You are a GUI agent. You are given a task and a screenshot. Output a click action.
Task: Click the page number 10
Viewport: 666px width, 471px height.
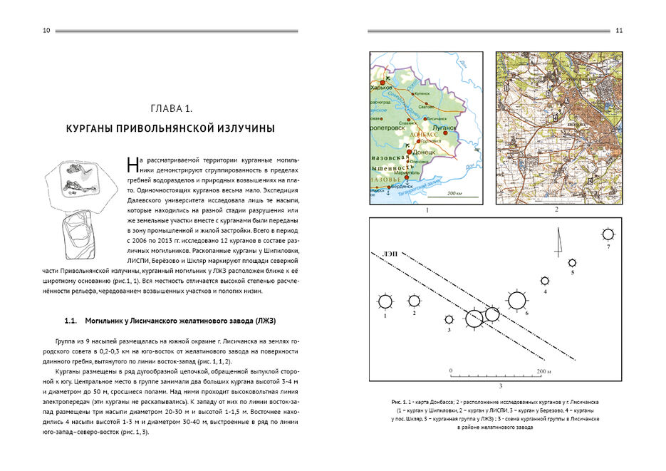[x=46, y=31]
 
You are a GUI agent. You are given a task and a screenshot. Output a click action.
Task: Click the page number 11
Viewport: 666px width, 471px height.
[x=618, y=31]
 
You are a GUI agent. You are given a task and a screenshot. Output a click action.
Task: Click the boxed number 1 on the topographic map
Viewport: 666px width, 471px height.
[x=506, y=88]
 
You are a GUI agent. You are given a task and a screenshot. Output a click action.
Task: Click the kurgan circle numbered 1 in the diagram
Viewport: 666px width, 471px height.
[x=385, y=301]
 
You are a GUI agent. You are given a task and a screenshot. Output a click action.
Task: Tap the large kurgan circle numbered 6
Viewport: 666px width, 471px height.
[x=518, y=301]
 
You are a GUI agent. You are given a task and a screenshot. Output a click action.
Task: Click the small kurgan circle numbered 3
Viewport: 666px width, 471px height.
[x=449, y=320]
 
